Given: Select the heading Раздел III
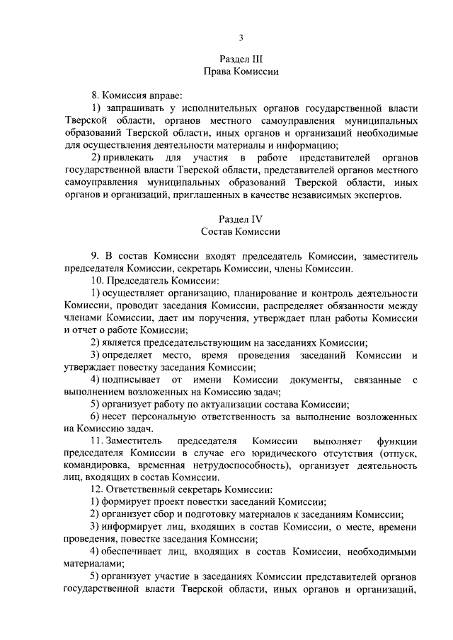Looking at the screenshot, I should pyautogui.click(x=241, y=59).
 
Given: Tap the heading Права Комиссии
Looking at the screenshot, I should pyautogui.click(x=241, y=71).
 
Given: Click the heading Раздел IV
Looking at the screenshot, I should pyautogui.click(x=241, y=219).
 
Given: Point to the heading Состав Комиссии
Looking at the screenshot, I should pyautogui.click(x=241, y=231).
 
